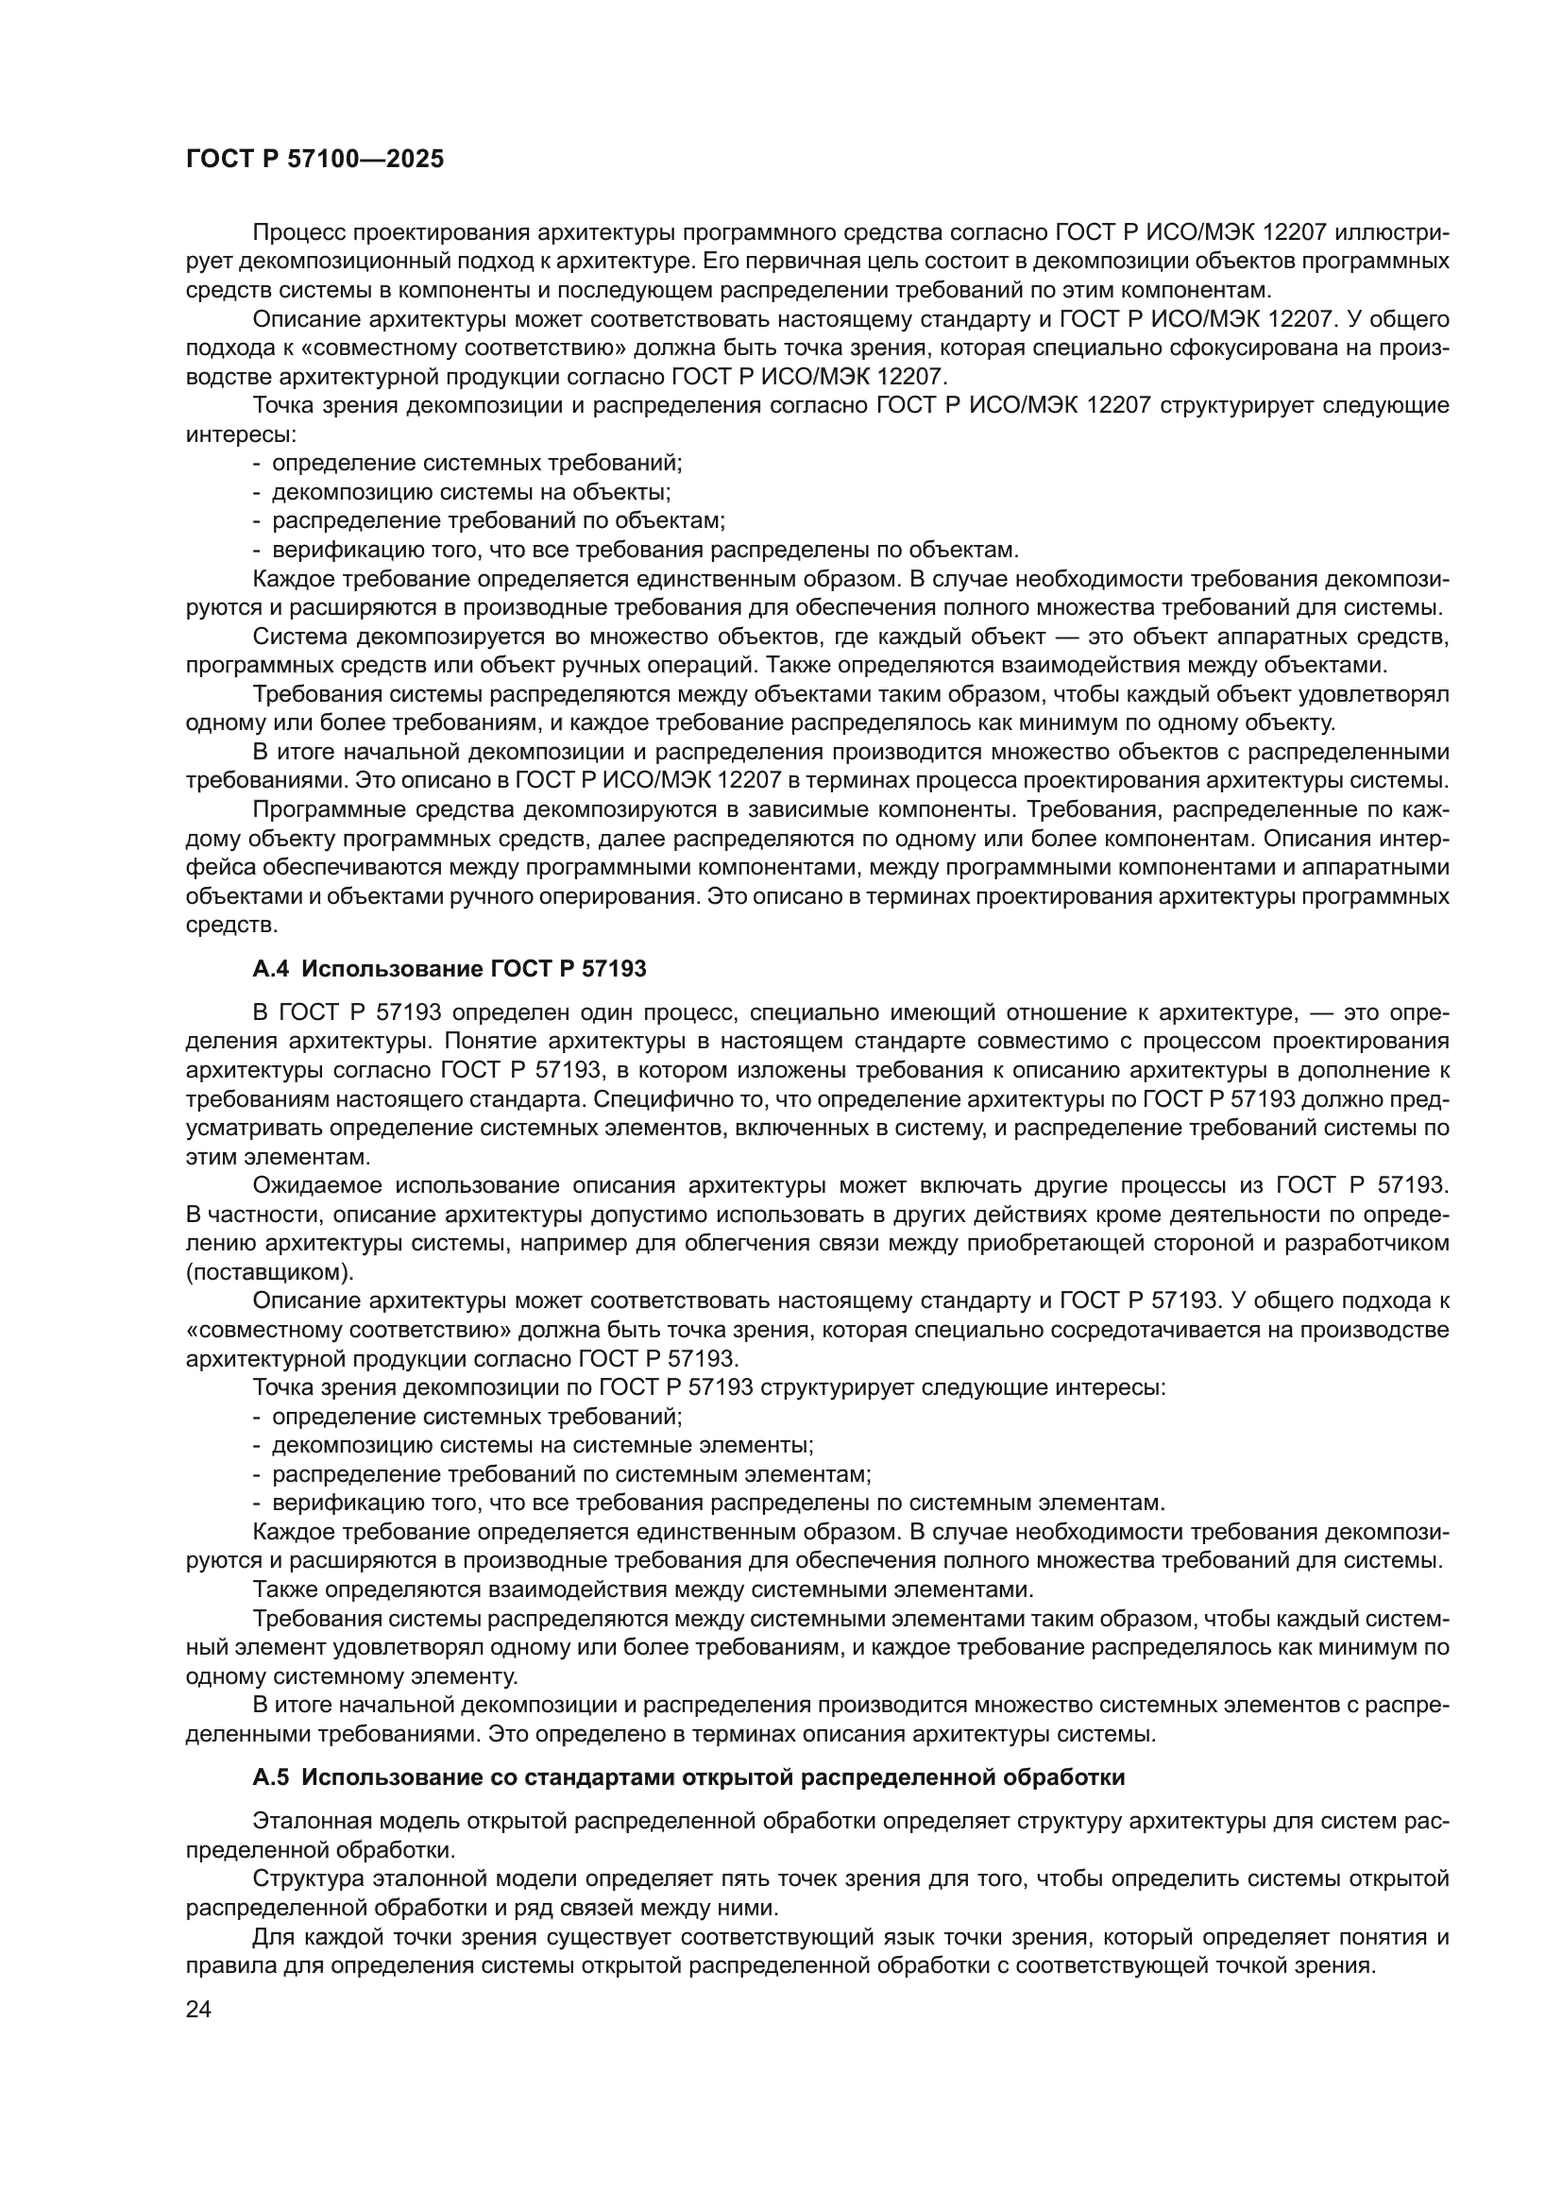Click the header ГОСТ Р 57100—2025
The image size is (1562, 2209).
(314, 160)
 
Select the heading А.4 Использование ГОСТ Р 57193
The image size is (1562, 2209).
(450, 970)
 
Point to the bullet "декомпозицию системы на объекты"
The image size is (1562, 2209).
(471, 493)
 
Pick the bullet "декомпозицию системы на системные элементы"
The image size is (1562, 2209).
(542, 1472)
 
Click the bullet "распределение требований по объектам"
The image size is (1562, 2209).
(499, 521)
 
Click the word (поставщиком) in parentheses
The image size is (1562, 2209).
(269, 1272)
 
